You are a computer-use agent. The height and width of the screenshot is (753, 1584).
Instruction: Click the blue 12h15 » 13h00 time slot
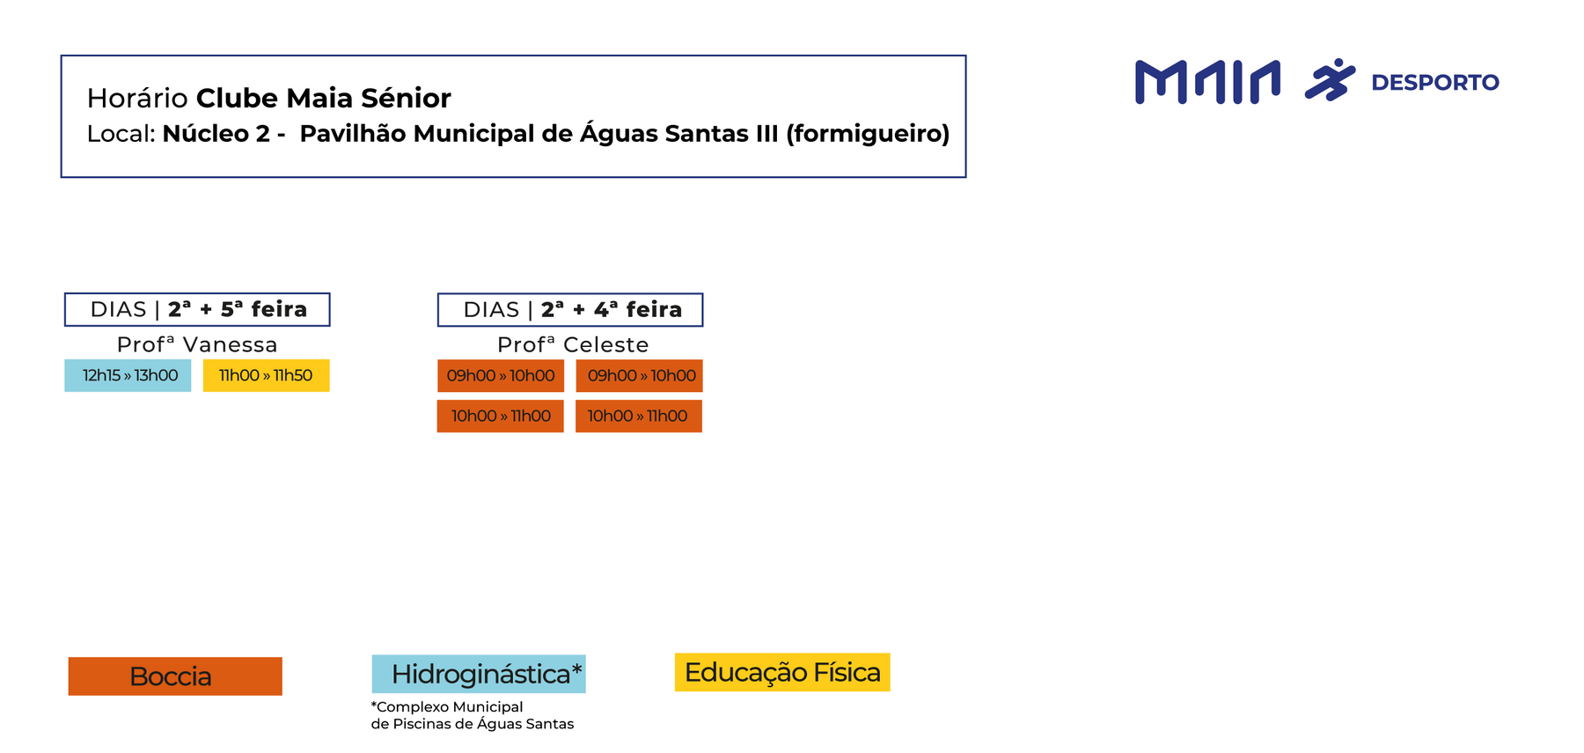128,375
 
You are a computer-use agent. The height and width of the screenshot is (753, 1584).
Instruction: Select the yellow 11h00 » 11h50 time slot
266,375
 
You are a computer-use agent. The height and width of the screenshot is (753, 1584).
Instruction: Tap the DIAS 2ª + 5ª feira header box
197,310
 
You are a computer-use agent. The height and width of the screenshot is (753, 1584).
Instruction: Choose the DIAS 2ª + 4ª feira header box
570,310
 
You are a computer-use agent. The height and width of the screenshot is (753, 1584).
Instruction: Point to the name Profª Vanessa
197,344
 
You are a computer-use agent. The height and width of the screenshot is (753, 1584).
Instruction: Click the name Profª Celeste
573,344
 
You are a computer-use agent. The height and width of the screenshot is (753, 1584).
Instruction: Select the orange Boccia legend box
175,676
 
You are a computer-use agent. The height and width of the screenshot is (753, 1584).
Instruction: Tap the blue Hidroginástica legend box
479,674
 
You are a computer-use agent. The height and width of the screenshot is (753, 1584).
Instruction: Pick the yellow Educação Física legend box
782,672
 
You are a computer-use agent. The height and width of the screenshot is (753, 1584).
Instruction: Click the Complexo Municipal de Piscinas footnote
472,715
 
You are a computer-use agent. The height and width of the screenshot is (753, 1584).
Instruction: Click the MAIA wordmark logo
1207,82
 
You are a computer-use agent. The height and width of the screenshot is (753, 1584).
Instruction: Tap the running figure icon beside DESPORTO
1330,80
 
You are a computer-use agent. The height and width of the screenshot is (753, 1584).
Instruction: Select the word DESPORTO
1435,83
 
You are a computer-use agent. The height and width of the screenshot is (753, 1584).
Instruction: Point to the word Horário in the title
137,98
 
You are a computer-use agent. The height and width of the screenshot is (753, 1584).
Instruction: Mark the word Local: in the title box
121,134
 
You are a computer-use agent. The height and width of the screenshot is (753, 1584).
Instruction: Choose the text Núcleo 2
216,134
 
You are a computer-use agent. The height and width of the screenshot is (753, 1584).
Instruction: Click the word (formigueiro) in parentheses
868,134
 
